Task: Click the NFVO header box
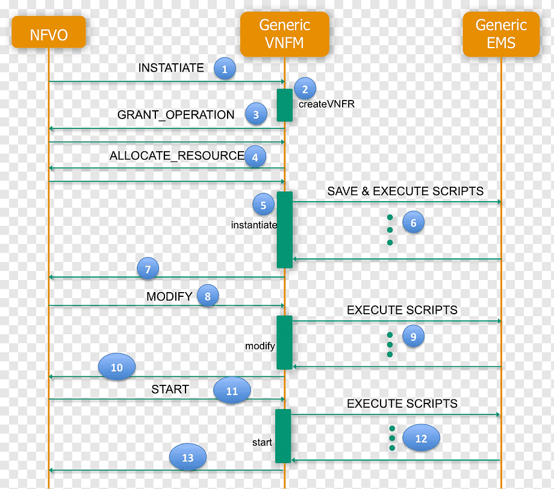[49, 32]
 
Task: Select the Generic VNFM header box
[285, 34]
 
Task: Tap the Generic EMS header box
[501, 34]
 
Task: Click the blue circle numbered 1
[225, 69]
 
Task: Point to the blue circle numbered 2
[305, 89]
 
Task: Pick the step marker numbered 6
[413, 223]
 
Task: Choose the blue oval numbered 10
[117, 367]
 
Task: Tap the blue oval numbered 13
[188, 457]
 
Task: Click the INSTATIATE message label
[171, 67]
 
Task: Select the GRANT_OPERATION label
[176, 115]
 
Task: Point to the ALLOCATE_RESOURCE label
[176, 155]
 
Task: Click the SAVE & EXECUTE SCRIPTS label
[405, 191]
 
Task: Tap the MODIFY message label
[169, 296]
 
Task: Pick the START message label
[170, 390]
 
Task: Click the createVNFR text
[326, 104]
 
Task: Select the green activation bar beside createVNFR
[285, 105]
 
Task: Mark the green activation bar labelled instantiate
[285, 229]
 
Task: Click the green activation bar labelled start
[283, 436]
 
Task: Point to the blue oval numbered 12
[421, 438]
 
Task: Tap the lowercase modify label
[260, 346]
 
